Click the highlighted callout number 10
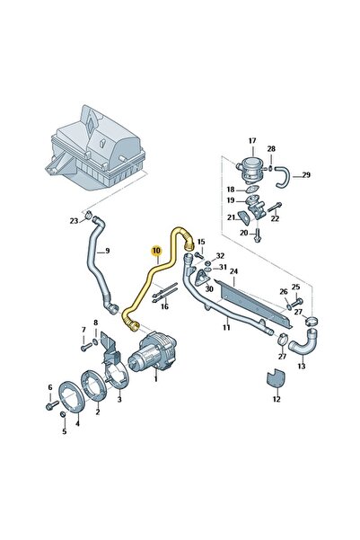click(156, 251)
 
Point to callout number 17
click(252, 140)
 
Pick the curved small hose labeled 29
click(283, 177)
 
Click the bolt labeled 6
click(52, 404)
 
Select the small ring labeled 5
click(63, 414)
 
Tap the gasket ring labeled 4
click(72, 396)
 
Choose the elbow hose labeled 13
click(304, 344)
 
